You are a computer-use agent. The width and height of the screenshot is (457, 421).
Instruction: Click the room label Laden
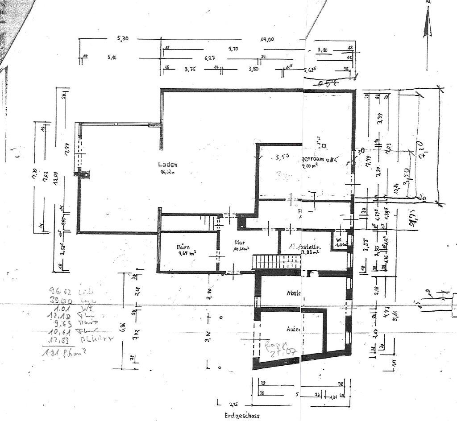click(167, 164)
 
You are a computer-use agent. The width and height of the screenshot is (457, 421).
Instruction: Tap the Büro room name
click(183, 247)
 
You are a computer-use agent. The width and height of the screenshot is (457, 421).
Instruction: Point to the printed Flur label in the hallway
click(240, 243)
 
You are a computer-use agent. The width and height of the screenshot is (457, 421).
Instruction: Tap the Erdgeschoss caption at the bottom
click(241, 415)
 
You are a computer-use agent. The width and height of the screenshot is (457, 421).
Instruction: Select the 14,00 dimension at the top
click(267, 39)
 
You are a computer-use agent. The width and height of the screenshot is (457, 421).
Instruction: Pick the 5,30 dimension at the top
click(123, 39)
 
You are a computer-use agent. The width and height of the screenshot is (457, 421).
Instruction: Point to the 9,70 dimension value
click(233, 49)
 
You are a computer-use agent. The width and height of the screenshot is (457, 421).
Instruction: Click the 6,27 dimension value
click(210, 58)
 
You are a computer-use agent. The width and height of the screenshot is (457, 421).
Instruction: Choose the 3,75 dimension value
click(191, 69)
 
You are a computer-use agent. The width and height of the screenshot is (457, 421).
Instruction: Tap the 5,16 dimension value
click(112, 58)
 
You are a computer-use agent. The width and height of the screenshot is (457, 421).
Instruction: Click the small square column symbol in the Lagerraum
click(324, 145)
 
